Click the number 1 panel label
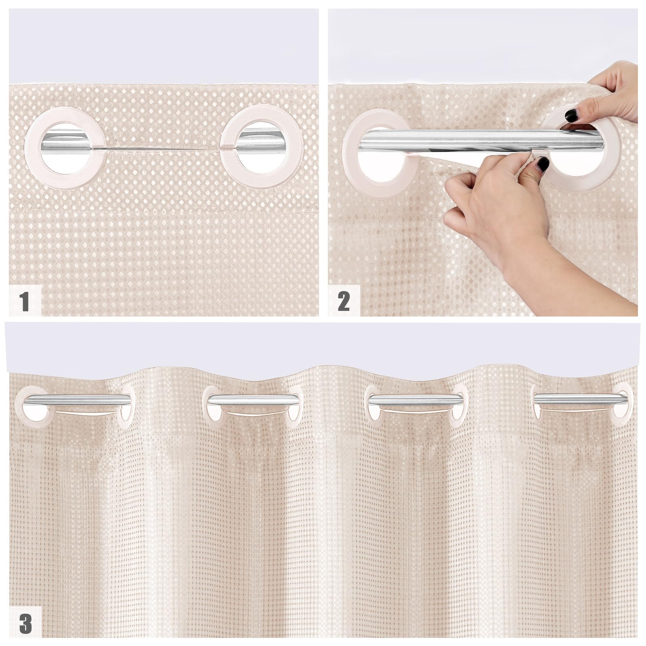tap(25, 301)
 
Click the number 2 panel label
tap(344, 301)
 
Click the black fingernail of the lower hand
tap(543, 164)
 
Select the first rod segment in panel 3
tap(77, 400)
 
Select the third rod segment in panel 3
tap(416, 400)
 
